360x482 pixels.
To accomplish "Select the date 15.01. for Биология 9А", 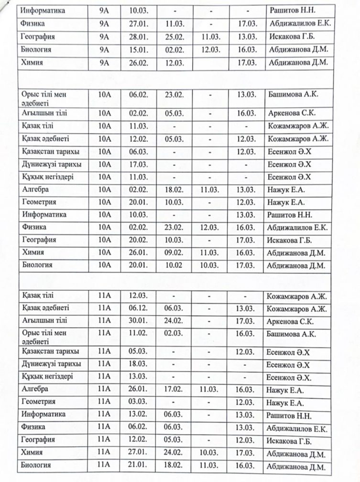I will (x=140, y=50).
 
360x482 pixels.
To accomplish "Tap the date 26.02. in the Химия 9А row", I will (x=140, y=63).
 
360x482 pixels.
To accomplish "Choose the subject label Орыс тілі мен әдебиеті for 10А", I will (x=44, y=99).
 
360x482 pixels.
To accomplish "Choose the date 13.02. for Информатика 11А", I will (x=140, y=414).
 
